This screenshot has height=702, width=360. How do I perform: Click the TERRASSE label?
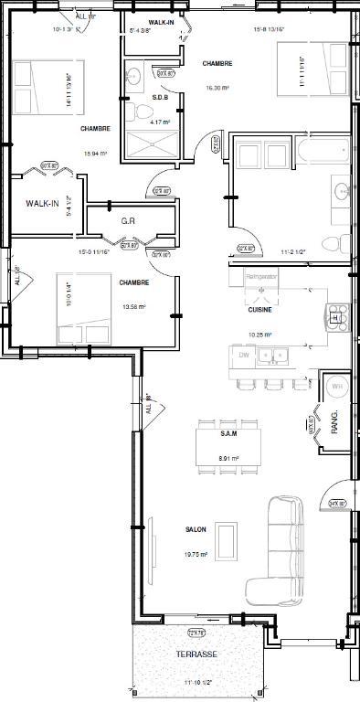point(197,655)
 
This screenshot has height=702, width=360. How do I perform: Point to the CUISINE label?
point(259,310)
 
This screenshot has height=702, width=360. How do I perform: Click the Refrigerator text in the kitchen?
point(260,274)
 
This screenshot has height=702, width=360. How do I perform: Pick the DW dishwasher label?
point(244,354)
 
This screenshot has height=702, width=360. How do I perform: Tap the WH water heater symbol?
point(334,388)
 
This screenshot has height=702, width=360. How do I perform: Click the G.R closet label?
point(129,221)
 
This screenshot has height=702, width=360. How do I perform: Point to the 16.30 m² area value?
point(217,88)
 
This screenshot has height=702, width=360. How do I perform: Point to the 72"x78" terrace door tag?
point(196,633)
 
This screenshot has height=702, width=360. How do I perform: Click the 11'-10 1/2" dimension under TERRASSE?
point(196,683)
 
